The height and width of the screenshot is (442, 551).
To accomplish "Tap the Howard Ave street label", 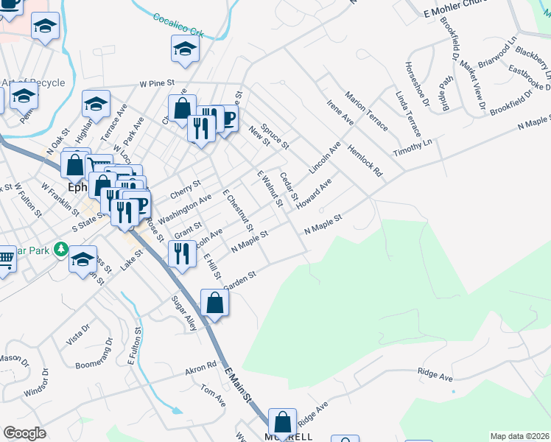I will coord(315,192).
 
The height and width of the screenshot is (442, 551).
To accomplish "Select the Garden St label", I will coord(239,280).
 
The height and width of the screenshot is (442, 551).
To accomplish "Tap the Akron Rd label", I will coord(200,365).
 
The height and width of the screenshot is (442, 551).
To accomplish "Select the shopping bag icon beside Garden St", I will coord(214,303).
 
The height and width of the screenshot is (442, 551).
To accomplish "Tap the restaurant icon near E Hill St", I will coord(182,253).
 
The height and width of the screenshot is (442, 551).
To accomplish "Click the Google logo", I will coord(24,433).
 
